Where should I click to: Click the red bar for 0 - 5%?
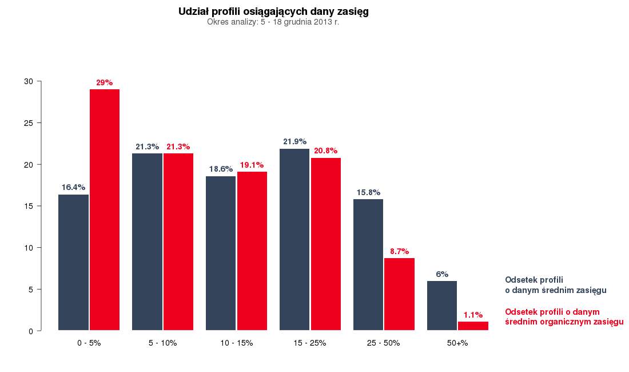[x=105, y=209]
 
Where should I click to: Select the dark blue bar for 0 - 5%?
[x=73, y=262]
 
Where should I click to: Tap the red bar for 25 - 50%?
[x=399, y=294]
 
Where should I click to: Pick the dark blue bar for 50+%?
[x=442, y=306]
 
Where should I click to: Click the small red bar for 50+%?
[x=473, y=326]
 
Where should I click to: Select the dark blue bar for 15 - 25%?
[x=294, y=239]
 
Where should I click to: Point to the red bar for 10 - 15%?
[x=252, y=251]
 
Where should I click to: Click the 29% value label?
[x=105, y=83]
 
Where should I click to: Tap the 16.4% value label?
[x=73, y=187]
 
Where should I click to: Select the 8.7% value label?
[x=399, y=251]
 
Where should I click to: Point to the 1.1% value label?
[x=473, y=315]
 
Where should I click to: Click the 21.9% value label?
[x=294, y=141]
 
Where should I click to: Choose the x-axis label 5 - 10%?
[x=162, y=343]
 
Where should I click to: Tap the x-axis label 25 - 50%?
[x=384, y=343]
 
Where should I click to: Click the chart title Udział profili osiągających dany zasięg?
[x=273, y=11]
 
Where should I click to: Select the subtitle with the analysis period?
[x=273, y=22]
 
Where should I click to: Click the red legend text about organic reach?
[x=564, y=317]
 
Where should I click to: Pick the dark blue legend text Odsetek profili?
[x=555, y=285]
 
